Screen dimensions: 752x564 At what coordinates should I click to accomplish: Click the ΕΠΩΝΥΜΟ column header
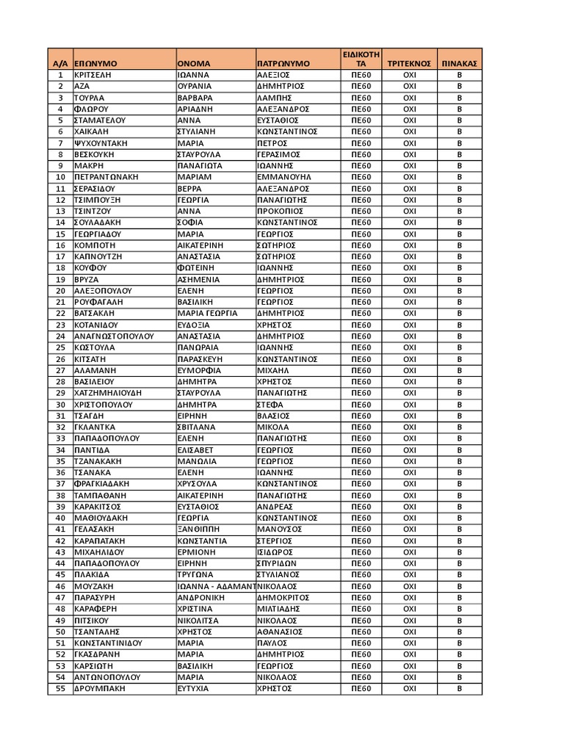[96, 64]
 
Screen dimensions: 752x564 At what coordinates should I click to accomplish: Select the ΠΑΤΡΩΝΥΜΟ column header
[283, 64]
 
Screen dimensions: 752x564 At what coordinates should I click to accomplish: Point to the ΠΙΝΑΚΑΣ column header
[460, 64]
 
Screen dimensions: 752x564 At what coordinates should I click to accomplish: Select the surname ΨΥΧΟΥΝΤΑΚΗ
[104, 143]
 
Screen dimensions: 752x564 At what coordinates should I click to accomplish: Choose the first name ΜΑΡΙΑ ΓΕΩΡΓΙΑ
[208, 313]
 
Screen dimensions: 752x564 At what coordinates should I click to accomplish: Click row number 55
[60, 689]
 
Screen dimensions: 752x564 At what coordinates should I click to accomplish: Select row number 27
[60, 370]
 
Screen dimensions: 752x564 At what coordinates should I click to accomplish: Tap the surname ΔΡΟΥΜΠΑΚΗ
[100, 689]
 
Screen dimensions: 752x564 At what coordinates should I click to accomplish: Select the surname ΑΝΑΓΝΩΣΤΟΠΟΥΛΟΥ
[114, 336]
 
